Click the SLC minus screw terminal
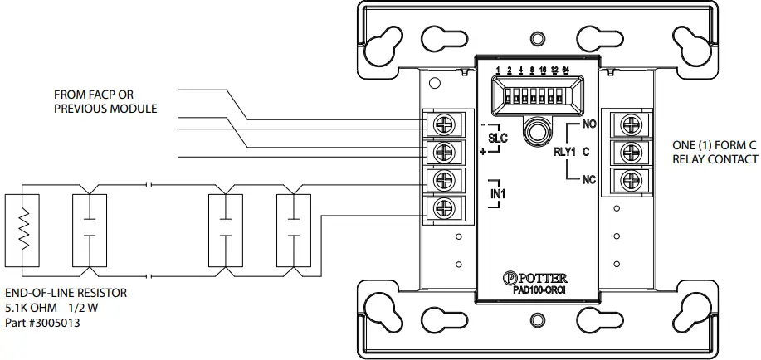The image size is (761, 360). (x=442, y=124)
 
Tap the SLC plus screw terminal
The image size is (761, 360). (x=442, y=152)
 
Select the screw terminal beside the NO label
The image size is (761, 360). (x=626, y=124)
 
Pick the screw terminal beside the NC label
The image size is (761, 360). (x=626, y=179)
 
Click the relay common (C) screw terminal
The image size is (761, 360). (x=626, y=152)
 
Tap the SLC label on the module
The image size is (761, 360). (x=498, y=139)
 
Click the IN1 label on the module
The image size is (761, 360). (x=498, y=193)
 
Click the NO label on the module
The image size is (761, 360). (x=590, y=124)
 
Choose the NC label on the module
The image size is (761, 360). (x=590, y=180)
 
